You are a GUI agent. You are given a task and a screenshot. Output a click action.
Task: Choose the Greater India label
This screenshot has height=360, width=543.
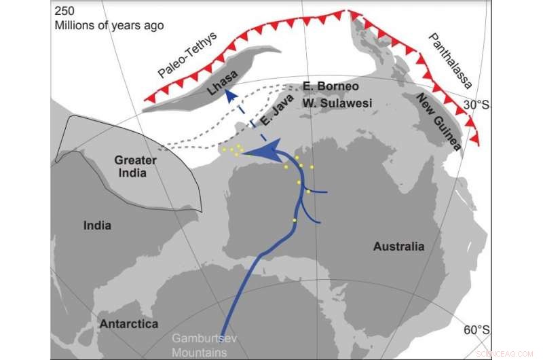[136, 166]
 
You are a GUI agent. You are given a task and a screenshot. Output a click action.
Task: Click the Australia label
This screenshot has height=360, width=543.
[398, 247]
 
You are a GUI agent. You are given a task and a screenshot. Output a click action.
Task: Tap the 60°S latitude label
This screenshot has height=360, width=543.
[474, 330]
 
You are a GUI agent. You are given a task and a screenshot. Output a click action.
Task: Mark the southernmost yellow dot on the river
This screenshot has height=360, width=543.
[294, 220]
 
